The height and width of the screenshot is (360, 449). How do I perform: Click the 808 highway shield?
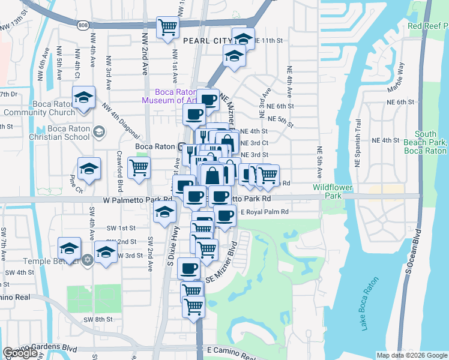tap(82, 25)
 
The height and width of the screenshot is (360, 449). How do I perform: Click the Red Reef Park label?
tap(427, 26)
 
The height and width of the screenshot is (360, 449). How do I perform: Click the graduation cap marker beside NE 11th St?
tap(243, 39)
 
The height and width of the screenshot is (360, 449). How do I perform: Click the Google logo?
tap(20, 353)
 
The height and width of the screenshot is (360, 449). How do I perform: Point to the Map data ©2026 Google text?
tap(412, 355)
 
